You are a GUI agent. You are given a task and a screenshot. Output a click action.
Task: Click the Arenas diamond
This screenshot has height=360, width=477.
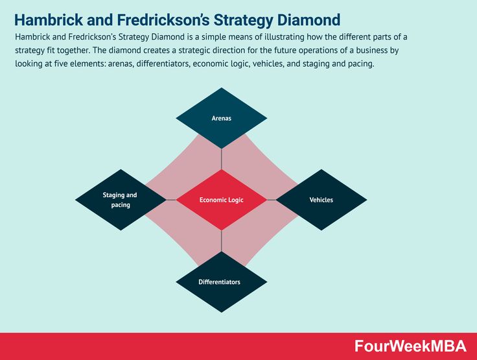[222, 118]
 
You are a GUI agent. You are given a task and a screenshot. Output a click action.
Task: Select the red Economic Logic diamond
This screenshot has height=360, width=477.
[222, 200]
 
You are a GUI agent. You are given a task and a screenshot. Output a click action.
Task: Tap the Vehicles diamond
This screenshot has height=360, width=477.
[321, 200]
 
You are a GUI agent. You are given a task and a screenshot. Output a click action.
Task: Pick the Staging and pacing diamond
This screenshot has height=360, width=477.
[121, 200]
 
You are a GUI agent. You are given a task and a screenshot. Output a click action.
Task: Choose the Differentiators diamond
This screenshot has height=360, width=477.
[222, 282]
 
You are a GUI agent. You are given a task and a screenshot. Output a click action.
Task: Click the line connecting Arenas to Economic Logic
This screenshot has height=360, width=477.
[222, 159]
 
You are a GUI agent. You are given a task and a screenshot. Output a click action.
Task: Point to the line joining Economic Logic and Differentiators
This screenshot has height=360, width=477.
[222, 241]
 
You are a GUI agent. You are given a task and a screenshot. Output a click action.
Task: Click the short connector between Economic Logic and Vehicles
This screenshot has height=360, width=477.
[272, 200]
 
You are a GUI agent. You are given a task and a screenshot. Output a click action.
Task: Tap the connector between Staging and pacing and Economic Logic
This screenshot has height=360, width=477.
[171, 200]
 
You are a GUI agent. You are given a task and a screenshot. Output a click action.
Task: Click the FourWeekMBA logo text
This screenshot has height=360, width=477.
[410, 346]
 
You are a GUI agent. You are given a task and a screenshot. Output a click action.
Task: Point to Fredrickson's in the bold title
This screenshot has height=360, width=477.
[163, 20]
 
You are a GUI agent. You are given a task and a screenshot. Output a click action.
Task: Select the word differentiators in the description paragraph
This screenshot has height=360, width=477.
[163, 64]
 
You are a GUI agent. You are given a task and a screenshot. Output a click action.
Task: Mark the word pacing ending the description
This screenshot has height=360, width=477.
[363, 64]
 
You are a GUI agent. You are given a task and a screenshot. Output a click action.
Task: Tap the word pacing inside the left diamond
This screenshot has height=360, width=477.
[121, 205]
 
